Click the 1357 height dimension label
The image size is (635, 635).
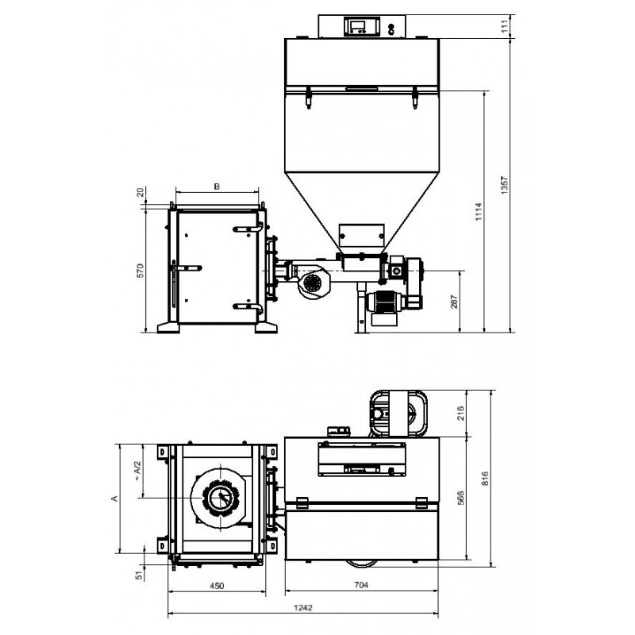pos(504,185)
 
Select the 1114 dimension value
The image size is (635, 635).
pos(479,211)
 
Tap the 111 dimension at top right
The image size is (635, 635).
pos(505,26)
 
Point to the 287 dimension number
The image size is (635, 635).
pos(453,302)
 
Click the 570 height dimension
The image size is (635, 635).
pos(140,270)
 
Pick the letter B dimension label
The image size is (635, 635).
pos(217,187)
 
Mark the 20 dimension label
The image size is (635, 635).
pos(140,192)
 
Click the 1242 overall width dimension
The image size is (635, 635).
pos(303,607)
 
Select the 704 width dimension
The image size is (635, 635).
pos(361,585)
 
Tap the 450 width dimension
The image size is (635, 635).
pos(217,586)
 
